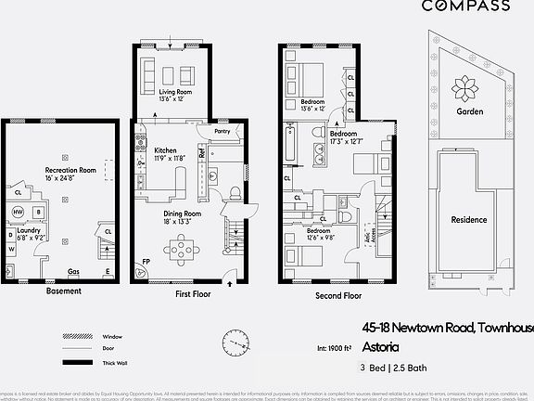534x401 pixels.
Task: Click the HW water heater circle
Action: pyautogui.click(x=17, y=212)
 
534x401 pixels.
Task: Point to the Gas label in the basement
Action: pyautogui.click(x=72, y=272)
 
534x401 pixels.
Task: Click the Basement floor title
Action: pyautogui.click(x=63, y=291)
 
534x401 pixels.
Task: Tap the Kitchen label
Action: pyautogui.click(x=166, y=150)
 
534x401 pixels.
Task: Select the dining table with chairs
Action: pyautogui.click(x=182, y=248)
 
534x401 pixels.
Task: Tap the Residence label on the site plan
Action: pyautogui.click(x=469, y=220)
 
